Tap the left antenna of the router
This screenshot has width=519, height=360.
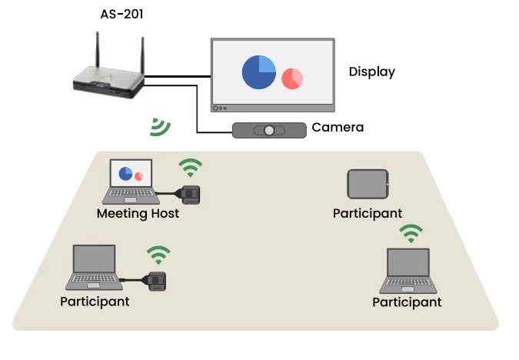(98, 51)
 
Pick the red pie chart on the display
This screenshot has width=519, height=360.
(291, 78)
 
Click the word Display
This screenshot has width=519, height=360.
(371, 72)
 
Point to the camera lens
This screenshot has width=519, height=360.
(268, 130)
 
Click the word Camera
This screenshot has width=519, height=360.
(337, 127)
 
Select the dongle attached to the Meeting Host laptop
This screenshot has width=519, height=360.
(190, 194)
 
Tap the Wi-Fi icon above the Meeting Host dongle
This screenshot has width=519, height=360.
(191, 167)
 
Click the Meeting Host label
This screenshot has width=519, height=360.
(138, 213)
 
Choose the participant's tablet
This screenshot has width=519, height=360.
(368, 185)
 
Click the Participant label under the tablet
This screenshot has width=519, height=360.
(368, 213)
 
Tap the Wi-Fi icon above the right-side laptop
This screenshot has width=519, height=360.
(411, 233)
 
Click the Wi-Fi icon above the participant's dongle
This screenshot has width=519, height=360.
(158, 254)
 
